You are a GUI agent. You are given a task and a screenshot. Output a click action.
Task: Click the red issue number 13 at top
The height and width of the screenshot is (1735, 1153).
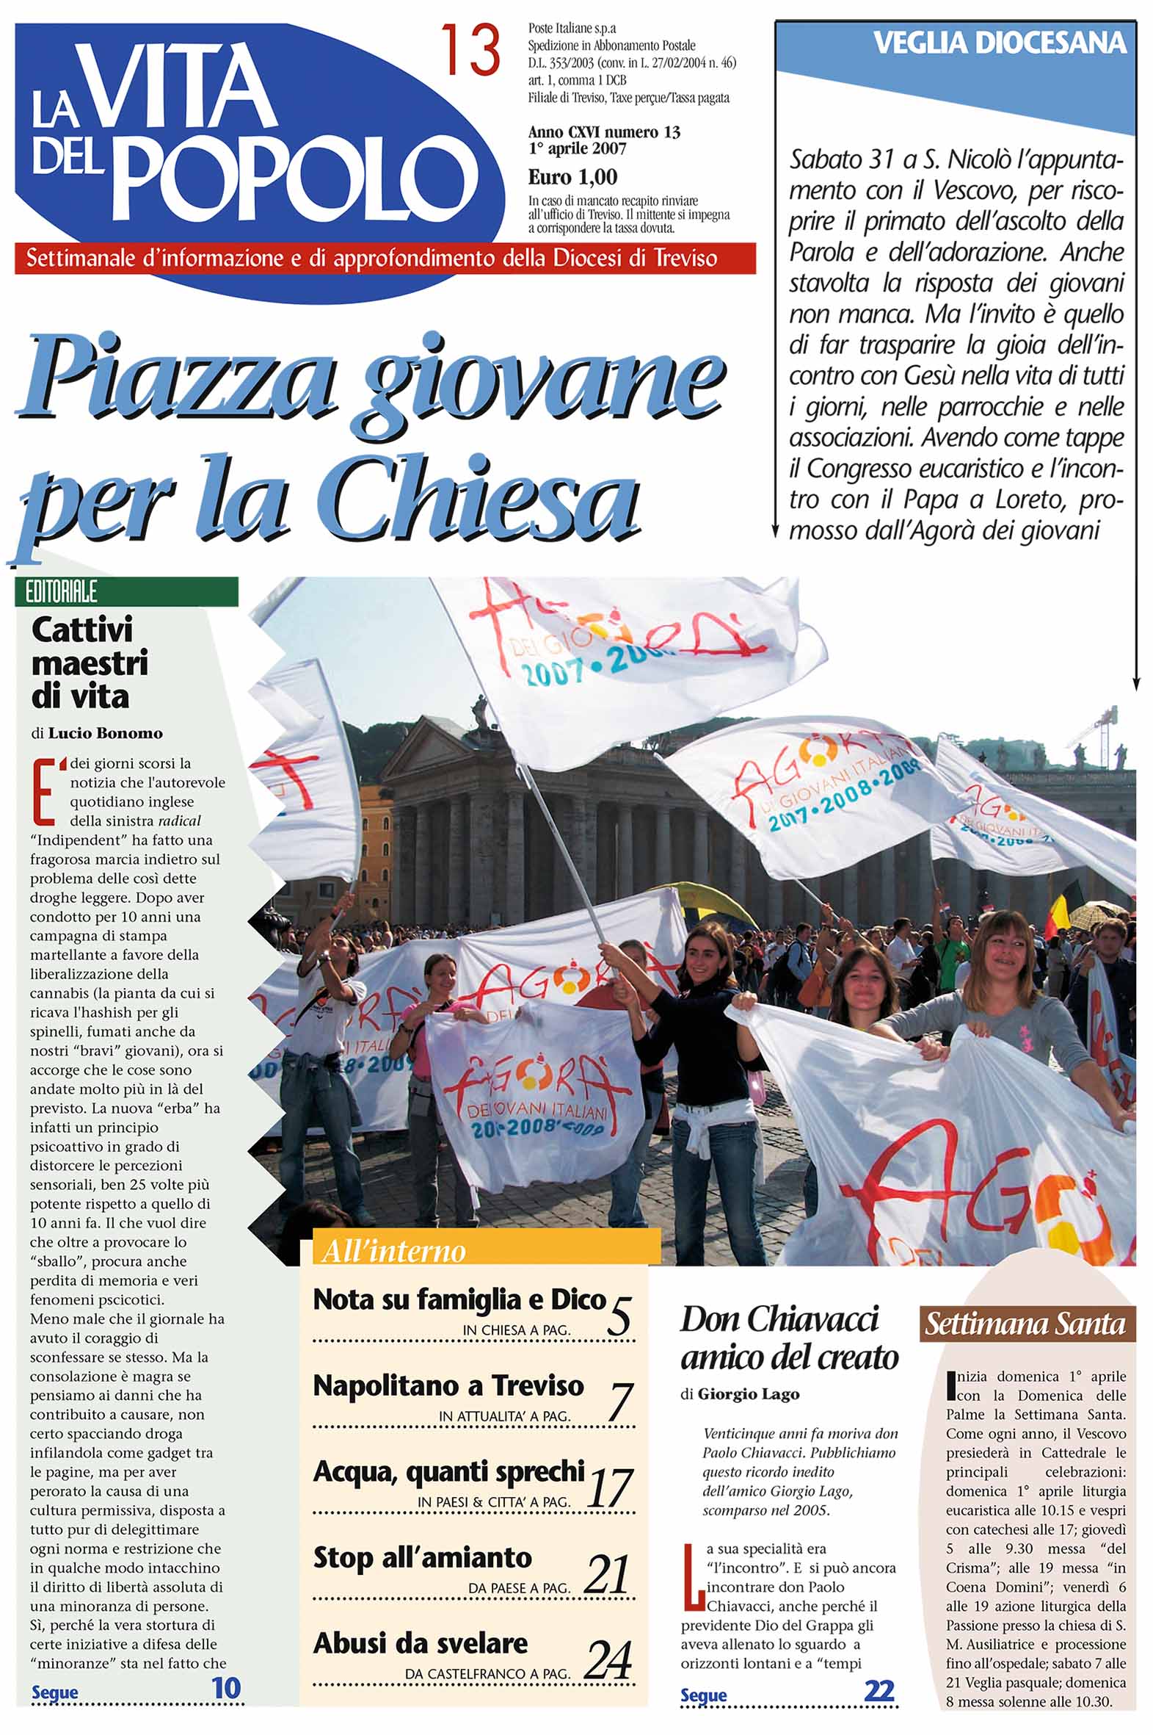[470, 50]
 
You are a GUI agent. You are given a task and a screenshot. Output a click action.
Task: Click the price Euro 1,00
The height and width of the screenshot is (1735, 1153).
[572, 177]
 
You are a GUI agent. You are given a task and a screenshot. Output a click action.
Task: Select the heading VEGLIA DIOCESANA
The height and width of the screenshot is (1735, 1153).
[1000, 43]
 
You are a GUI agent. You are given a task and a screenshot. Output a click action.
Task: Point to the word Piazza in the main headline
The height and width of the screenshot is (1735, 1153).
[180, 379]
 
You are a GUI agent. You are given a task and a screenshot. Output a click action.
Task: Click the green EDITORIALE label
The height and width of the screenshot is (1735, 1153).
[62, 591]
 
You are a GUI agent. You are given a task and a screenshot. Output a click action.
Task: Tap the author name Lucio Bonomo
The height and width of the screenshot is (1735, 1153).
[105, 733]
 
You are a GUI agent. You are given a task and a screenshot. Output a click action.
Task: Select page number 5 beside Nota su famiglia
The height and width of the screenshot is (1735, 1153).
[619, 1316]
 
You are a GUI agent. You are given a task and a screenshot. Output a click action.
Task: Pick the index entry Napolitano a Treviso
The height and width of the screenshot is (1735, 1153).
[448, 1385]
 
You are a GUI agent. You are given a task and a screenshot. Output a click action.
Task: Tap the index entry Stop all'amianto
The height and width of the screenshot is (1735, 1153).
[422, 1557]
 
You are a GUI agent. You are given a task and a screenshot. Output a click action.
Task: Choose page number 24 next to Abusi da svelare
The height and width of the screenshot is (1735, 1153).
[609, 1662]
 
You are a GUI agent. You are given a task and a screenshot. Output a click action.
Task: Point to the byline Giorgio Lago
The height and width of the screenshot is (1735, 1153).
[748, 1393]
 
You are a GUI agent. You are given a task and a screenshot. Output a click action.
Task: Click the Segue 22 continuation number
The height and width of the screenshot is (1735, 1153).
[879, 1691]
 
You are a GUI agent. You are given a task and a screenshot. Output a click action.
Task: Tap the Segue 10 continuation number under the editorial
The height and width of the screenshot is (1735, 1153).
[227, 1688]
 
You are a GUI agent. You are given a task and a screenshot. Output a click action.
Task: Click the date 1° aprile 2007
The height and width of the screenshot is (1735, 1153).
[577, 148]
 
